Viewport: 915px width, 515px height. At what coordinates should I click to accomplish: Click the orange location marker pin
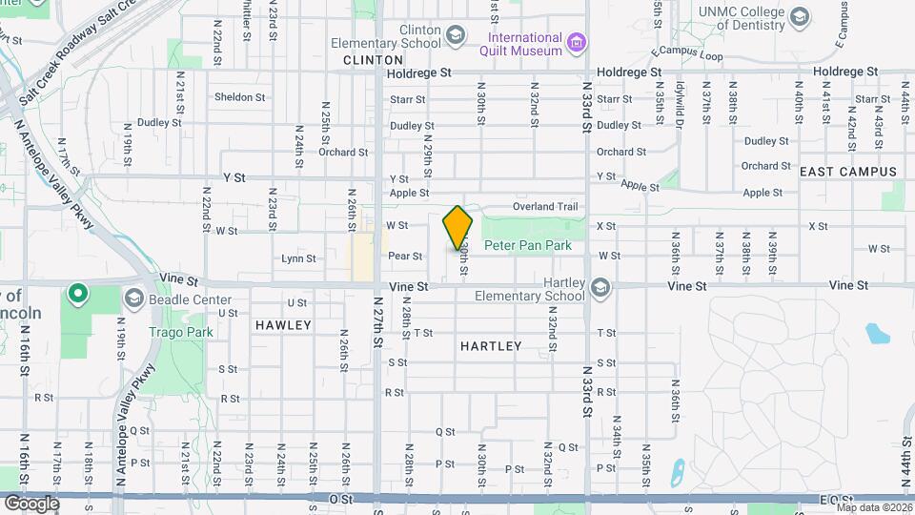pyautogui.click(x=457, y=228)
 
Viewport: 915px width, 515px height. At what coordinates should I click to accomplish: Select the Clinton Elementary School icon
pyautogui.click(x=457, y=36)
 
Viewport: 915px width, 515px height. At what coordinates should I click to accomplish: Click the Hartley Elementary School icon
pyautogui.click(x=600, y=286)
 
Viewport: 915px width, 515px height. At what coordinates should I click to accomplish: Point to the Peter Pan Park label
pyautogui.click(x=527, y=245)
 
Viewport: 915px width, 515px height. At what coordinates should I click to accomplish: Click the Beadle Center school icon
pyautogui.click(x=132, y=299)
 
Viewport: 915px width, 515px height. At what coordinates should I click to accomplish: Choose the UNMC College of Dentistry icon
pyautogui.click(x=799, y=16)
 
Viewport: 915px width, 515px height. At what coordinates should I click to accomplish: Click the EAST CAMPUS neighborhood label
pyautogui.click(x=848, y=172)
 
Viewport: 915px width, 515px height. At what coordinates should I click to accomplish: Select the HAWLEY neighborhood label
pyautogui.click(x=283, y=325)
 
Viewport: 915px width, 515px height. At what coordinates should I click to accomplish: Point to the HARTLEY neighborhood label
pyautogui.click(x=491, y=346)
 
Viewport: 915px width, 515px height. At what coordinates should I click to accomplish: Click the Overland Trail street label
pyautogui.click(x=545, y=206)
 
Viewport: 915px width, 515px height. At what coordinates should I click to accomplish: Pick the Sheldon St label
pyautogui.click(x=239, y=97)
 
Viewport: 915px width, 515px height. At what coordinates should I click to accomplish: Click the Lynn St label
pyautogui.click(x=298, y=258)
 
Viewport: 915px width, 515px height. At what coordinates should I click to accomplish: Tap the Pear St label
pyautogui.click(x=405, y=257)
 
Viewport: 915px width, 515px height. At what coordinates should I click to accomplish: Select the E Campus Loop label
pyautogui.click(x=686, y=53)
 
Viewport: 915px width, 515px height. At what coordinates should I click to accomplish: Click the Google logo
pyautogui.click(x=31, y=503)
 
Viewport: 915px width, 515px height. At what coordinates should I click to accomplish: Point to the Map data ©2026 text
pyautogui.click(x=872, y=507)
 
